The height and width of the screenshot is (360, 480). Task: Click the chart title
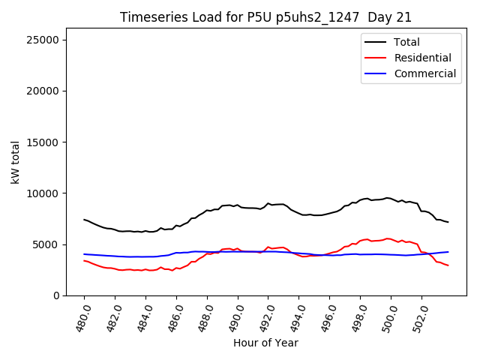coord(265,17)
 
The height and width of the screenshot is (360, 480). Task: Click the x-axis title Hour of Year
coord(265,343)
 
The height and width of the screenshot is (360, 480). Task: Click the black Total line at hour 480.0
coord(84,220)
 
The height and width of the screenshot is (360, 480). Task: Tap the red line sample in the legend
coord(375,58)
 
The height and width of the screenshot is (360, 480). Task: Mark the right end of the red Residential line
coord(448,265)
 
